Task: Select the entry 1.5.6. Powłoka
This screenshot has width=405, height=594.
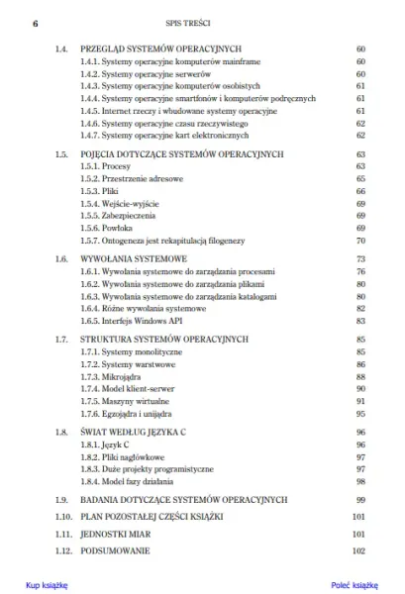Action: tap(102, 227)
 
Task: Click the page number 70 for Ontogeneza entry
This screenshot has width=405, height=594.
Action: tap(360, 240)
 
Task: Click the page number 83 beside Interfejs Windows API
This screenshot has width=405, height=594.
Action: tap(360, 320)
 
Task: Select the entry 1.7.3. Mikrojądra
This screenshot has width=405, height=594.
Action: tap(106, 376)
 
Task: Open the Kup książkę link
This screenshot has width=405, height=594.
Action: tap(46, 585)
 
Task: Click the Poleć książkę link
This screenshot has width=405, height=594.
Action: tap(356, 585)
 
